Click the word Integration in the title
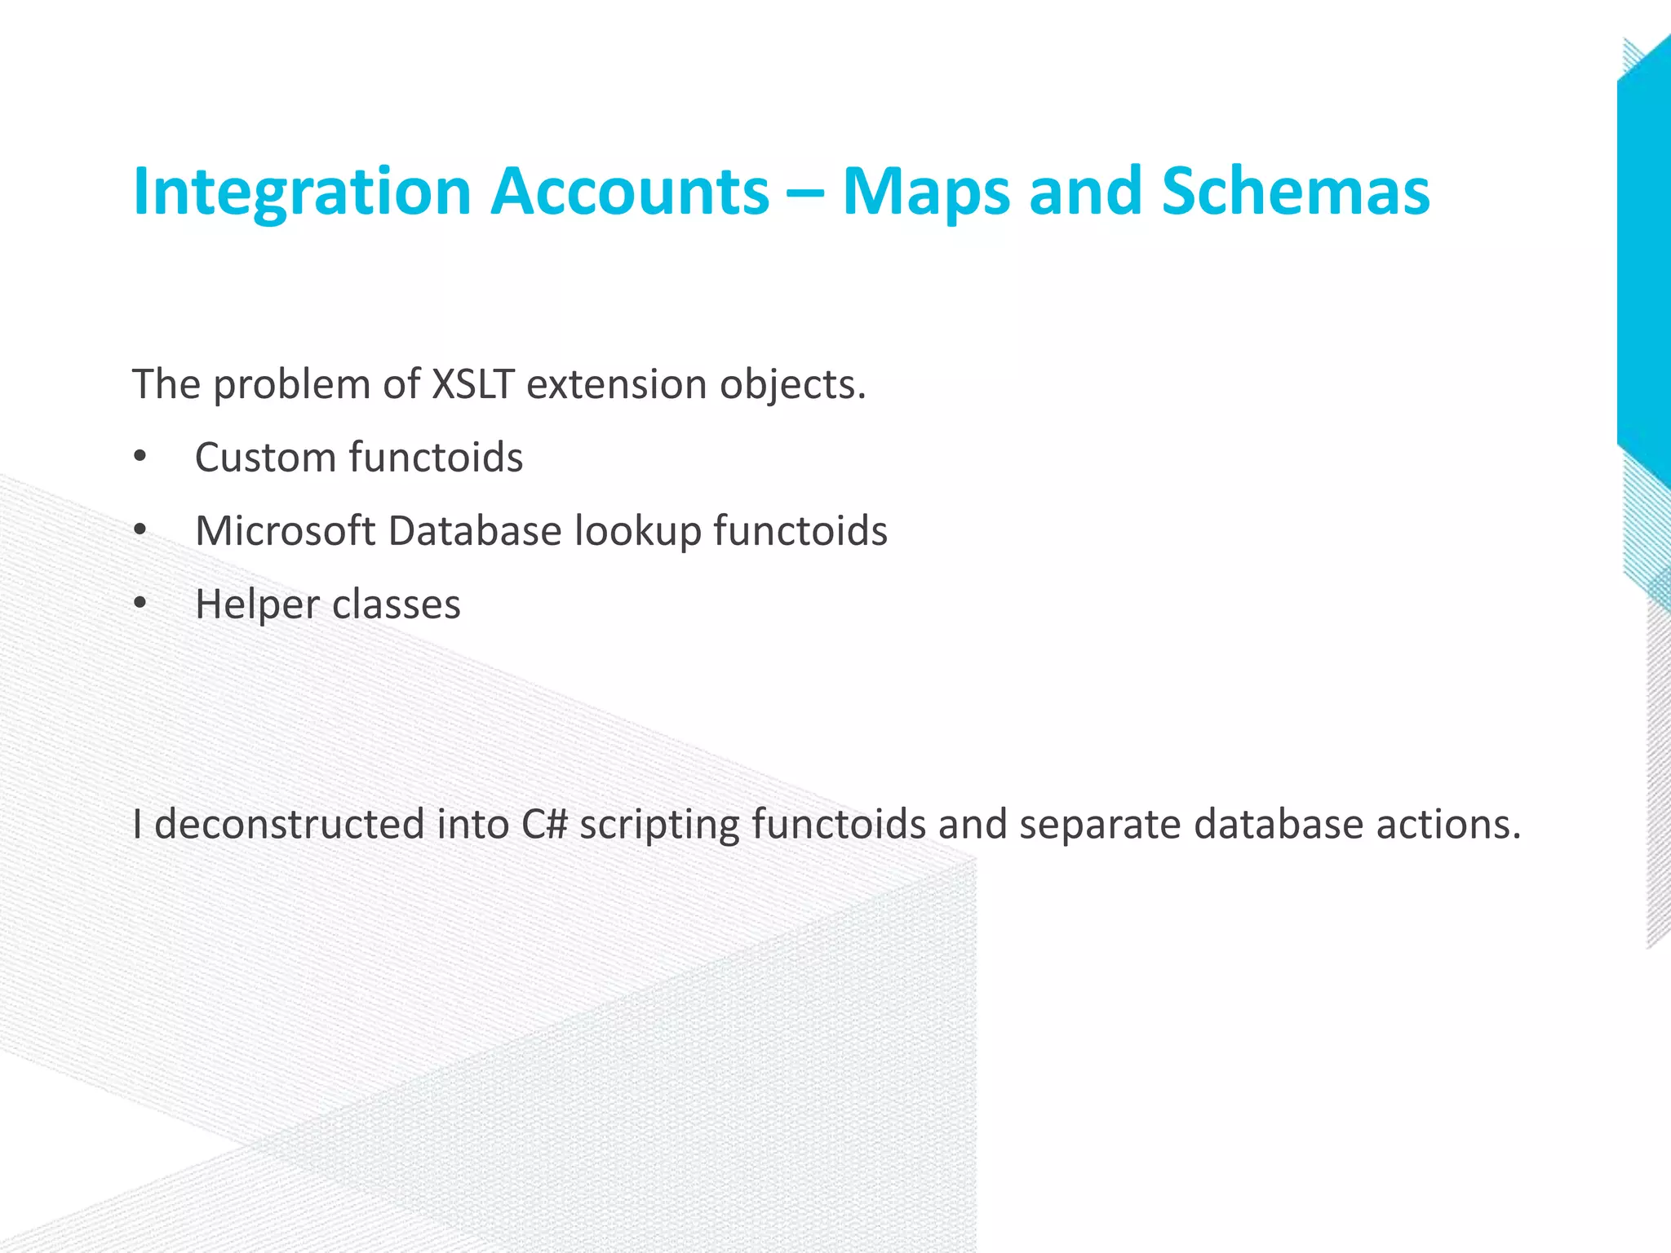(x=302, y=192)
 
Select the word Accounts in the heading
(x=629, y=192)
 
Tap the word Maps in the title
(x=926, y=192)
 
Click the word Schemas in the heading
(x=1295, y=192)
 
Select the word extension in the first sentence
(x=615, y=384)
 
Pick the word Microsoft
(x=286, y=531)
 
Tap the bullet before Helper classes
(x=140, y=605)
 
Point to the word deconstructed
(x=289, y=824)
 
